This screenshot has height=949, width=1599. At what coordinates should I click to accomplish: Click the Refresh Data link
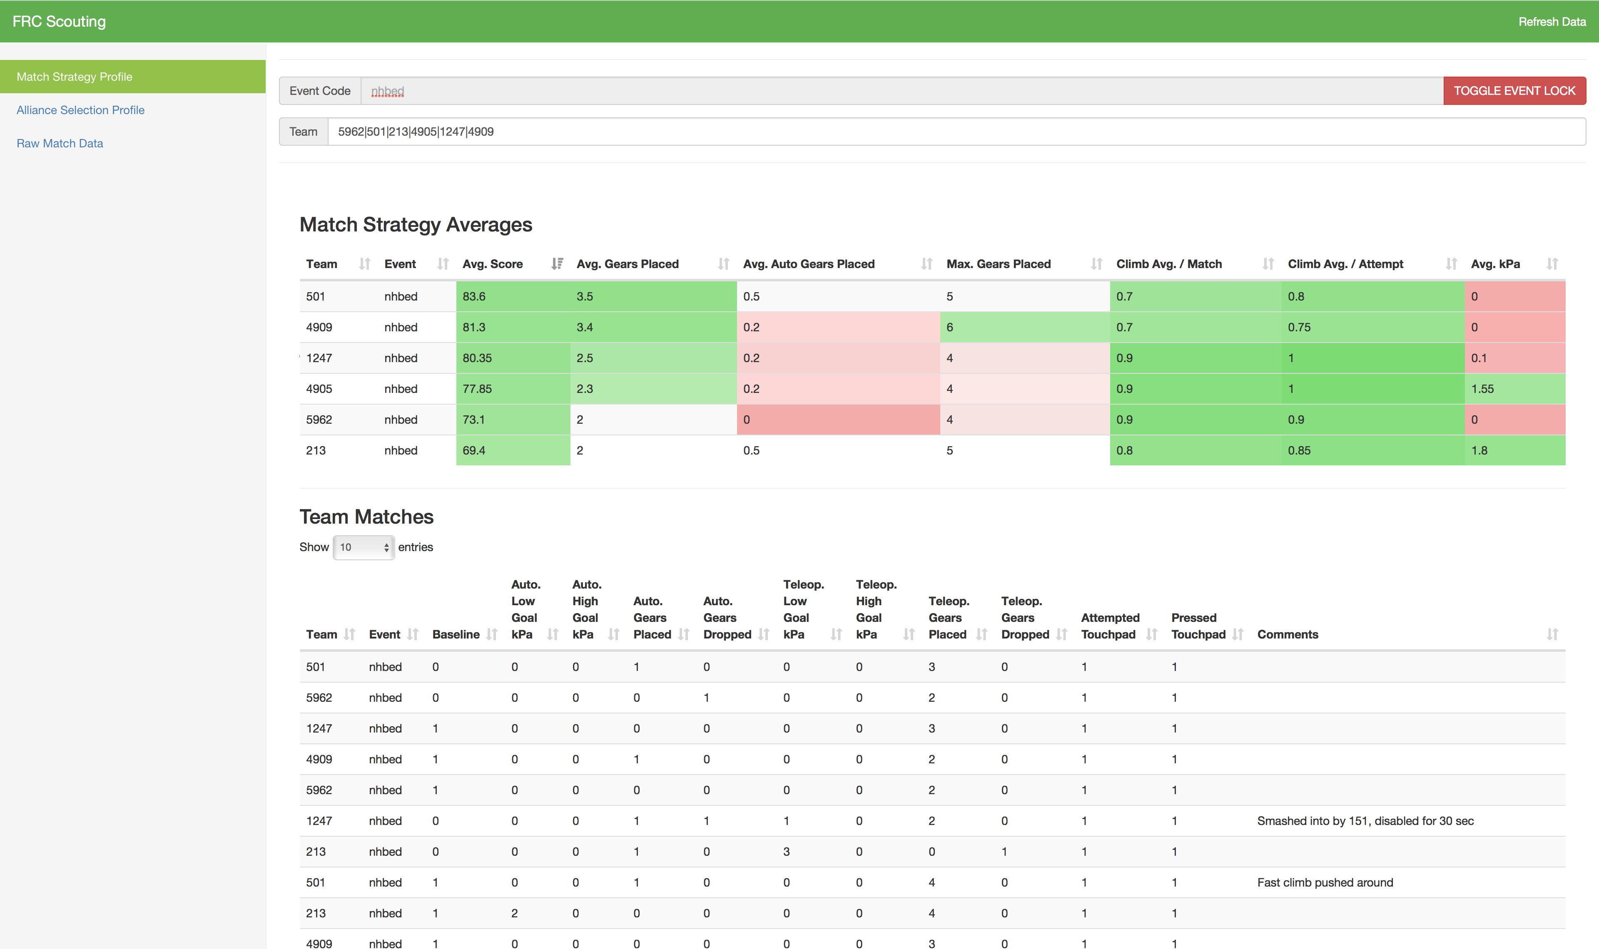(1552, 22)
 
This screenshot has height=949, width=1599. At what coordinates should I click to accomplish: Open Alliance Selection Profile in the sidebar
(81, 110)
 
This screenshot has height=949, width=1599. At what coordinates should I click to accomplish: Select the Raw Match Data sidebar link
(60, 143)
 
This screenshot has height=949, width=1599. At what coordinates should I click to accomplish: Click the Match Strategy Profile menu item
(74, 77)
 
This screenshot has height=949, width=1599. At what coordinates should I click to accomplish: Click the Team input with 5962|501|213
(956, 132)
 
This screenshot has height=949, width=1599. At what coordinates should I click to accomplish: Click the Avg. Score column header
(493, 264)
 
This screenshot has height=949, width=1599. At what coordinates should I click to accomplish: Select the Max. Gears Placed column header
(999, 264)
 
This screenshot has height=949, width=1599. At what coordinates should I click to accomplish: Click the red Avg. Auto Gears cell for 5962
(837, 420)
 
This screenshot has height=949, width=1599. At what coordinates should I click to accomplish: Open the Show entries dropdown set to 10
(363, 547)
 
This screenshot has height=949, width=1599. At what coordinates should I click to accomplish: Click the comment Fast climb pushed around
(1325, 882)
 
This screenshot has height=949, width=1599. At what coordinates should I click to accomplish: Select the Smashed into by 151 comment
(1365, 821)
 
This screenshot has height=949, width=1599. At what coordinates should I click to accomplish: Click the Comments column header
(1288, 634)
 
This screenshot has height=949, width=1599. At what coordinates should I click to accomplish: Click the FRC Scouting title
(59, 22)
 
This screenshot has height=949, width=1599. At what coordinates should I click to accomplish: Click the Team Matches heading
(366, 517)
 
